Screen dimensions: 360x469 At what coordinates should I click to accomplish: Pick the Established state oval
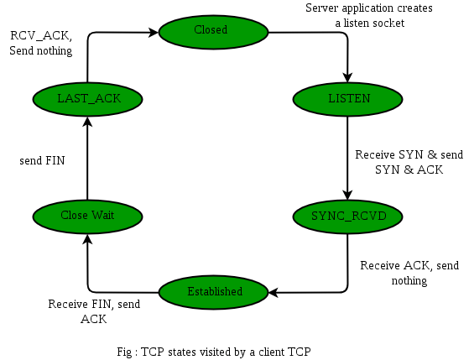[x=214, y=292]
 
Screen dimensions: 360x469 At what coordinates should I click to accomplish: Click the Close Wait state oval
[x=86, y=216]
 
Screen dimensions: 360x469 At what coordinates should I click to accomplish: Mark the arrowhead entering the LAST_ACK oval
[x=87, y=121]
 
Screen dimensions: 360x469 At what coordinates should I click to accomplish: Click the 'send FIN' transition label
[x=42, y=159]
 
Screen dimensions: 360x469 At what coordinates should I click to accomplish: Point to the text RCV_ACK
[x=39, y=36]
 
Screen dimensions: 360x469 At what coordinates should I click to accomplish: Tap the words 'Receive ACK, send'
[x=409, y=265]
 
